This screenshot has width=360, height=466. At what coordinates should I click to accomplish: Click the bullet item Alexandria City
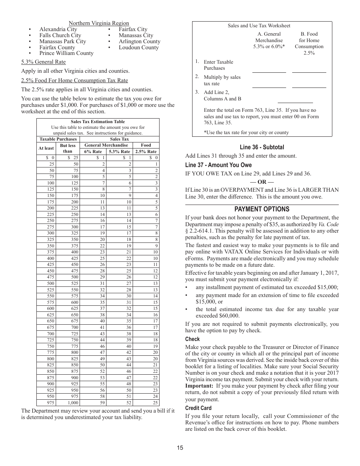click(58, 29)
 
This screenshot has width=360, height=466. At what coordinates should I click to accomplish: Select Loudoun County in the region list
click(139, 47)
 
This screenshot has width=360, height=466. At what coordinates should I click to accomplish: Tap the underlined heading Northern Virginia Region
click(99, 23)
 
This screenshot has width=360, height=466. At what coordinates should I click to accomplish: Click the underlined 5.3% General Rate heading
click(43, 62)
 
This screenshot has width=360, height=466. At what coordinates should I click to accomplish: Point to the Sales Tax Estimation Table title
click(98, 122)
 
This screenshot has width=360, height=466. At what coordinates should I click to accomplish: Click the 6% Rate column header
click(93, 151)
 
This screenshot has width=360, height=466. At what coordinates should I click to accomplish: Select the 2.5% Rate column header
click(146, 151)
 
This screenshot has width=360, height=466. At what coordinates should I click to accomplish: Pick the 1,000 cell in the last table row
click(73, 403)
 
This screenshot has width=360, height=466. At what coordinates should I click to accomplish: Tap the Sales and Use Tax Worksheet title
click(259, 26)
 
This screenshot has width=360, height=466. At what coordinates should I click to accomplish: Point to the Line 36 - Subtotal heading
click(261, 147)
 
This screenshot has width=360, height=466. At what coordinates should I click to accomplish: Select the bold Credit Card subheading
click(198, 408)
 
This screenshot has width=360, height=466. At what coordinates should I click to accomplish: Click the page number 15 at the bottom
click(180, 448)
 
